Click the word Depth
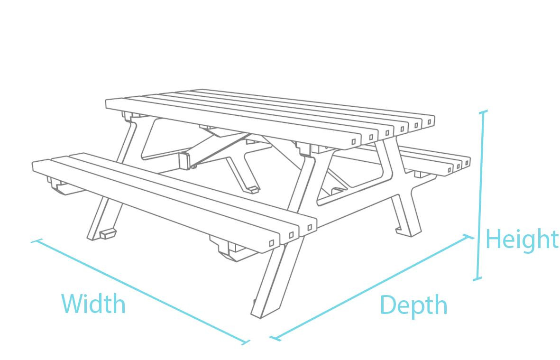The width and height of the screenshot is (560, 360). pos(413,306)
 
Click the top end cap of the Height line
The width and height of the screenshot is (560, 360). pos(483,112)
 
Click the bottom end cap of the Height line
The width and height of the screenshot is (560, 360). pos(477,278)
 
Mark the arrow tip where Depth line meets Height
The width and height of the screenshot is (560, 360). pos(472,237)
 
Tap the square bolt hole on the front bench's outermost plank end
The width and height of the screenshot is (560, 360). pos(271,243)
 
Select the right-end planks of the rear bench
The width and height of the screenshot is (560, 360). pos(458,165)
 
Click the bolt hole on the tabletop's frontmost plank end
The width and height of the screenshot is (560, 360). pos(354,141)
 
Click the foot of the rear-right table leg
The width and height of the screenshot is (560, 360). pos(407,231)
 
